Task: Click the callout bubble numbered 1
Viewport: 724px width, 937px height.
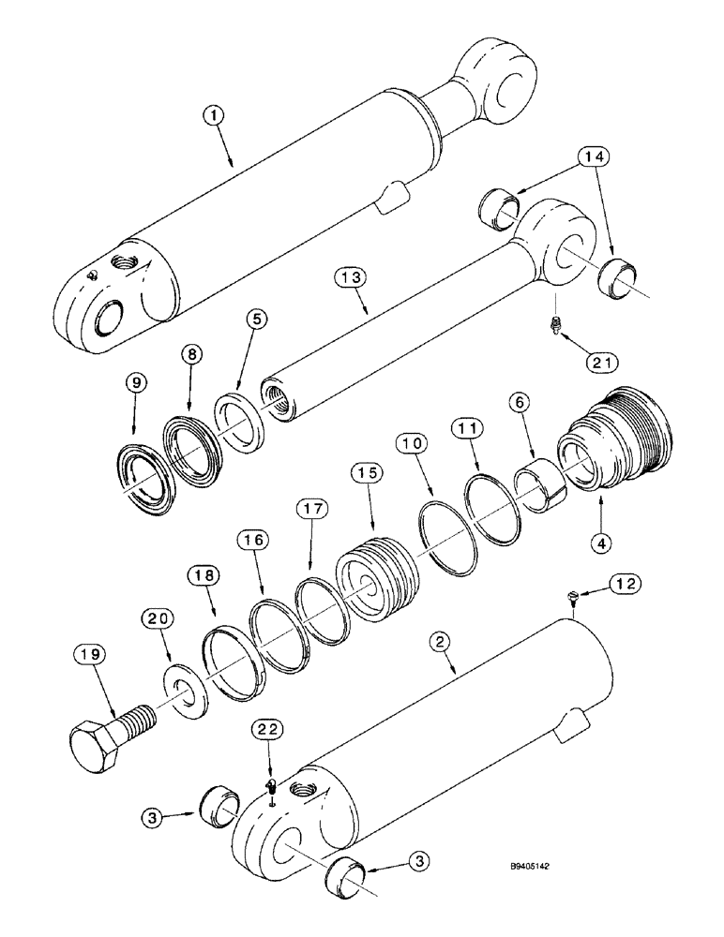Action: pyautogui.click(x=215, y=116)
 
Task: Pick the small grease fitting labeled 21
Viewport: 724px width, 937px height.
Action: pyautogui.click(x=554, y=325)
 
